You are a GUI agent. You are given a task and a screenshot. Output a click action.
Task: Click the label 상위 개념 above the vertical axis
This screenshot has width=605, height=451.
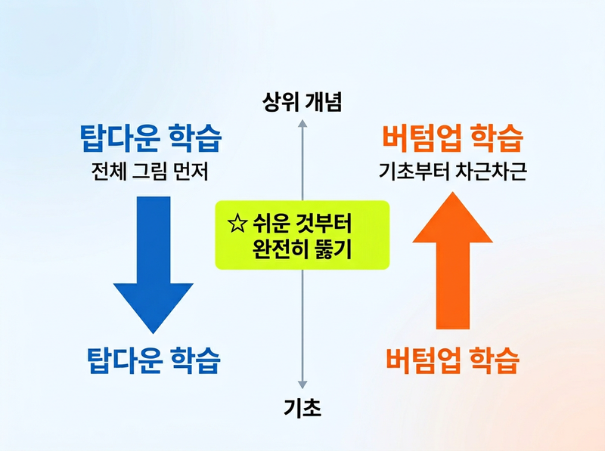point(302,102)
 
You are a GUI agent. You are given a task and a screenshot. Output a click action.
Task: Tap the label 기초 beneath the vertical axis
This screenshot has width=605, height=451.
point(302,408)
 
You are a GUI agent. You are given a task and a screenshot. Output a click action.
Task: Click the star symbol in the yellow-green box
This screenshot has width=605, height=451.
point(237,224)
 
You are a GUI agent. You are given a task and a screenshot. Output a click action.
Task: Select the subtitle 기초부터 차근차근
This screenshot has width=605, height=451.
point(452,171)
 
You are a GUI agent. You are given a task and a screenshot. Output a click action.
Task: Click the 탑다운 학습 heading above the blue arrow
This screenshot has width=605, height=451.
point(151,140)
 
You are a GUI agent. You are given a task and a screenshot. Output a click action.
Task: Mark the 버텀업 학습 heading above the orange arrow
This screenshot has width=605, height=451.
point(452,140)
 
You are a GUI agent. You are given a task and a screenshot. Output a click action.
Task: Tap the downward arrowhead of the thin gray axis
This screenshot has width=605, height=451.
point(302,384)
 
